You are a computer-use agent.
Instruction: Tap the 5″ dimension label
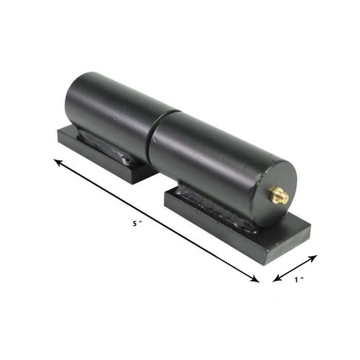tap(136, 223)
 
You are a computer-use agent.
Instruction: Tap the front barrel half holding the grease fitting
tap(206, 154)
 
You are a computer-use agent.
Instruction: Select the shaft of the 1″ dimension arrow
tap(296, 267)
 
